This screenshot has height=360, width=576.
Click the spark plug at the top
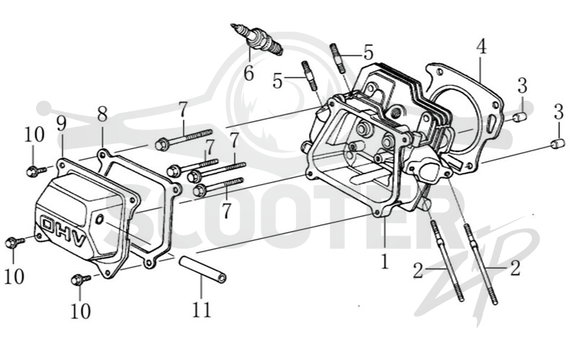257,40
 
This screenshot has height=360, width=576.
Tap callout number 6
249,73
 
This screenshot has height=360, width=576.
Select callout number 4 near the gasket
482,47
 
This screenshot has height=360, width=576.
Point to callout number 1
384,262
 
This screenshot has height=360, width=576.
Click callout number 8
102,114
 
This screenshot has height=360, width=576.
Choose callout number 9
61,123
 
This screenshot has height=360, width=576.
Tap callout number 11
202,310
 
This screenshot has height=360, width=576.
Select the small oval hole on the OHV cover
99,220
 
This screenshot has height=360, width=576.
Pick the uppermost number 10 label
34,135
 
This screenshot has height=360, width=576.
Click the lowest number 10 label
81,312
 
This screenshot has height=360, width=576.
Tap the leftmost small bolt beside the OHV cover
14,243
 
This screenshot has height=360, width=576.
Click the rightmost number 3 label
559,112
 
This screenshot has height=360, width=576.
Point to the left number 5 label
278,81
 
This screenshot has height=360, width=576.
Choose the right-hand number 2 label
516,269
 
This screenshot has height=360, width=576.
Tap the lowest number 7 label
227,210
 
